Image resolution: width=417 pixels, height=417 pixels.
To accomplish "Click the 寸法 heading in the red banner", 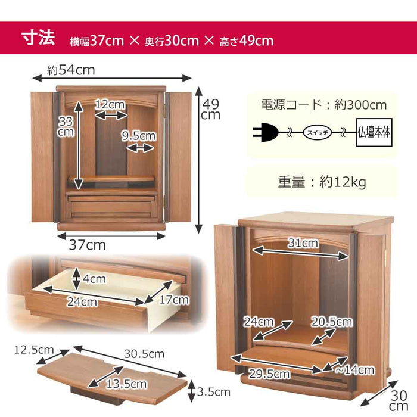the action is tap(38, 38).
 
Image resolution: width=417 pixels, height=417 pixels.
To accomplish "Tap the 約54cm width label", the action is tap(71, 70).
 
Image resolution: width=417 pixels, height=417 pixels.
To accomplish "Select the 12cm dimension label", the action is tap(110, 104).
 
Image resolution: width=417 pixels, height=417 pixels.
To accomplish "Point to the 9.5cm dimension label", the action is tap(139, 136).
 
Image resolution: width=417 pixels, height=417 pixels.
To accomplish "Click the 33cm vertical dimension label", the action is tap(66, 126).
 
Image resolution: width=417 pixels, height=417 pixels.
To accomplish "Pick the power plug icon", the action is tap(265, 132).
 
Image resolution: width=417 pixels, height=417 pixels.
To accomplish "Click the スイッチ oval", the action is tap(318, 132).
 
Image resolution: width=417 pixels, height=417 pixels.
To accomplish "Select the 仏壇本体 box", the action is tap(374, 132).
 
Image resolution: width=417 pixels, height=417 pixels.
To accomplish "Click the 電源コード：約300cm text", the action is tap(323, 105).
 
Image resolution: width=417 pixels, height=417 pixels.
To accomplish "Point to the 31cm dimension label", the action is tap(303, 243).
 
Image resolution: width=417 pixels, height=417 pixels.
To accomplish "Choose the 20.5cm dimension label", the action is tap(332, 322).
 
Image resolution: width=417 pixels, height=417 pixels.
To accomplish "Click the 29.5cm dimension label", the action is tap(269, 374).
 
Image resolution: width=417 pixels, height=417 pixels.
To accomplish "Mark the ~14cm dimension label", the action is tap(355, 370).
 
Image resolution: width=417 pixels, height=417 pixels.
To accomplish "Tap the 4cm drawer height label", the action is tap(94, 279).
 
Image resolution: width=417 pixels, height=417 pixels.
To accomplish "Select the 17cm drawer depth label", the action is tap(174, 300).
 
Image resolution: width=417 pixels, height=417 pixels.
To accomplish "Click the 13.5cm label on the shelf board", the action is tap(126, 384).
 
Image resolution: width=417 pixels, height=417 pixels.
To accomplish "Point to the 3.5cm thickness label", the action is tap(213, 392).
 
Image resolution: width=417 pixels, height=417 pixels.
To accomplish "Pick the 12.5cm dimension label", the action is tap(34, 350).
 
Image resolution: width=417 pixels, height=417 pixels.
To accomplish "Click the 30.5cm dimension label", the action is tap(144, 354).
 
